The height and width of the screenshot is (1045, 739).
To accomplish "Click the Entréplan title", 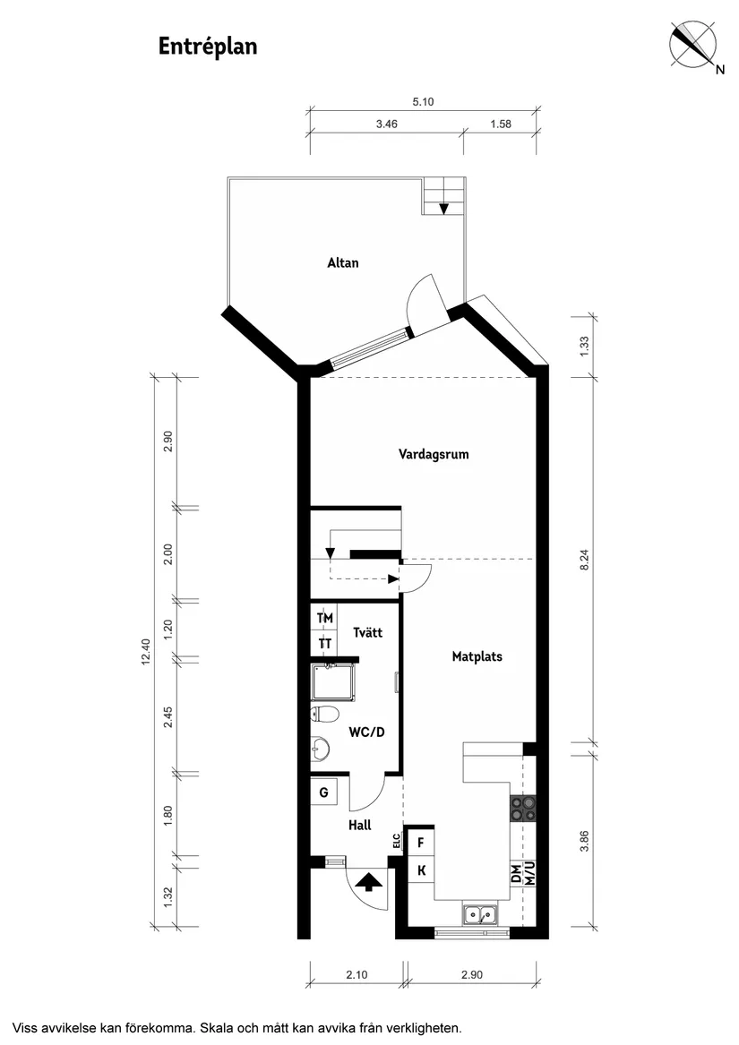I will (x=208, y=47).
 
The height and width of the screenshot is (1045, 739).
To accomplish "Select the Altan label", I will (x=342, y=262).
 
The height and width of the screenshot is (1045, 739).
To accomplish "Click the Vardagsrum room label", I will (x=434, y=454).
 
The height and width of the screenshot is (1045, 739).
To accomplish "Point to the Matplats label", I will (x=477, y=656).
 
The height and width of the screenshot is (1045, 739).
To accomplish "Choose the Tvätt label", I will (x=367, y=632).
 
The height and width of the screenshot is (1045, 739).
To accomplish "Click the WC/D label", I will (x=366, y=732).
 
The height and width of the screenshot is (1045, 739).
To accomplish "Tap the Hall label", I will (x=359, y=826).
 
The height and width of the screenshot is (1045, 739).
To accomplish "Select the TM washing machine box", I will (x=324, y=618).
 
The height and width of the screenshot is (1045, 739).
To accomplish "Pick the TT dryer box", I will (x=324, y=644).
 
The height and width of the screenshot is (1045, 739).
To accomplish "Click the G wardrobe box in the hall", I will (x=324, y=792).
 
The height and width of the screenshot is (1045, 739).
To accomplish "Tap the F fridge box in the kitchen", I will (x=420, y=842).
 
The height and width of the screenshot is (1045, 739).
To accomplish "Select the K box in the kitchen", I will (x=420, y=869).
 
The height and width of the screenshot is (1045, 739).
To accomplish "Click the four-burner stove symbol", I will (x=523, y=809).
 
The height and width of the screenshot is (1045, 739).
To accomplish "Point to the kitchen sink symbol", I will (x=482, y=915).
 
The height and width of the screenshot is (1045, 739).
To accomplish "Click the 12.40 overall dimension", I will (x=144, y=653).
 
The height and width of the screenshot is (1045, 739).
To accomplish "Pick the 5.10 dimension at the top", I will (x=423, y=102).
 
